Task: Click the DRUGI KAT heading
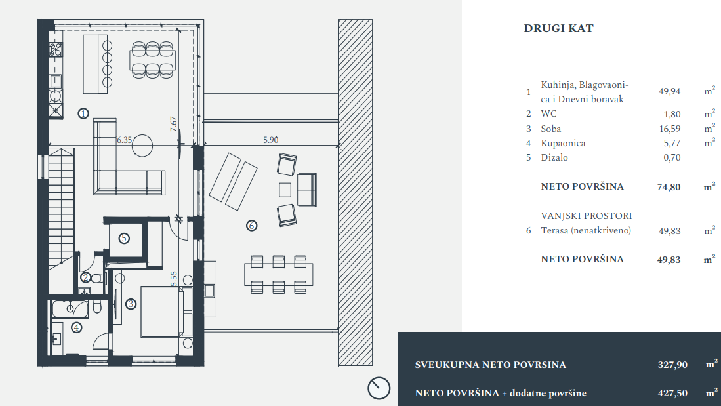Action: (558, 29)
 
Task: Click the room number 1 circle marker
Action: (83, 113)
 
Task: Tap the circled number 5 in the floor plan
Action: (124, 238)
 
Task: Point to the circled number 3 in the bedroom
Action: (131, 304)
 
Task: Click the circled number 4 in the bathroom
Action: (77, 327)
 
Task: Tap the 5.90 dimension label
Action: (271, 140)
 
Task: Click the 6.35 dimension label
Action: (125, 140)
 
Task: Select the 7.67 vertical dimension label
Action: (174, 125)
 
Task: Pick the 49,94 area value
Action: (669, 92)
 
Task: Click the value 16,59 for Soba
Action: (669, 129)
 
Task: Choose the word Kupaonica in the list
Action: (563, 143)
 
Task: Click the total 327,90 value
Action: (672, 365)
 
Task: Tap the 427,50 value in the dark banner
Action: (672, 393)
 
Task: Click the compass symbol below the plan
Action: (379, 388)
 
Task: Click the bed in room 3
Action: (161, 312)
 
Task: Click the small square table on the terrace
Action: (285, 190)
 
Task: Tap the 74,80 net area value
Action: (669, 187)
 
